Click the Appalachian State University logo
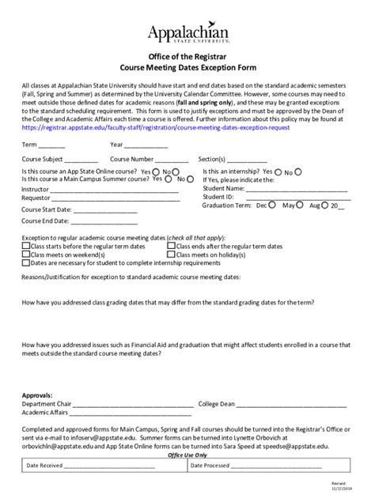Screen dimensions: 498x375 (187, 31)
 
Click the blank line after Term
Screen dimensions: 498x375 (52, 146)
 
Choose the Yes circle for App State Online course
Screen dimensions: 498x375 (156, 171)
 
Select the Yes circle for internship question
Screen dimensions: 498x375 (278, 171)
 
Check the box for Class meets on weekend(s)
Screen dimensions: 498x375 (25, 255)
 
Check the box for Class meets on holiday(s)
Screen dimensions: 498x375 (171, 255)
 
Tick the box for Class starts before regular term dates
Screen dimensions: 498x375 (25, 246)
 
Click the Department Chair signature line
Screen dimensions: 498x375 (131, 405)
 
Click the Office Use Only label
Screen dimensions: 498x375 (187, 455)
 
